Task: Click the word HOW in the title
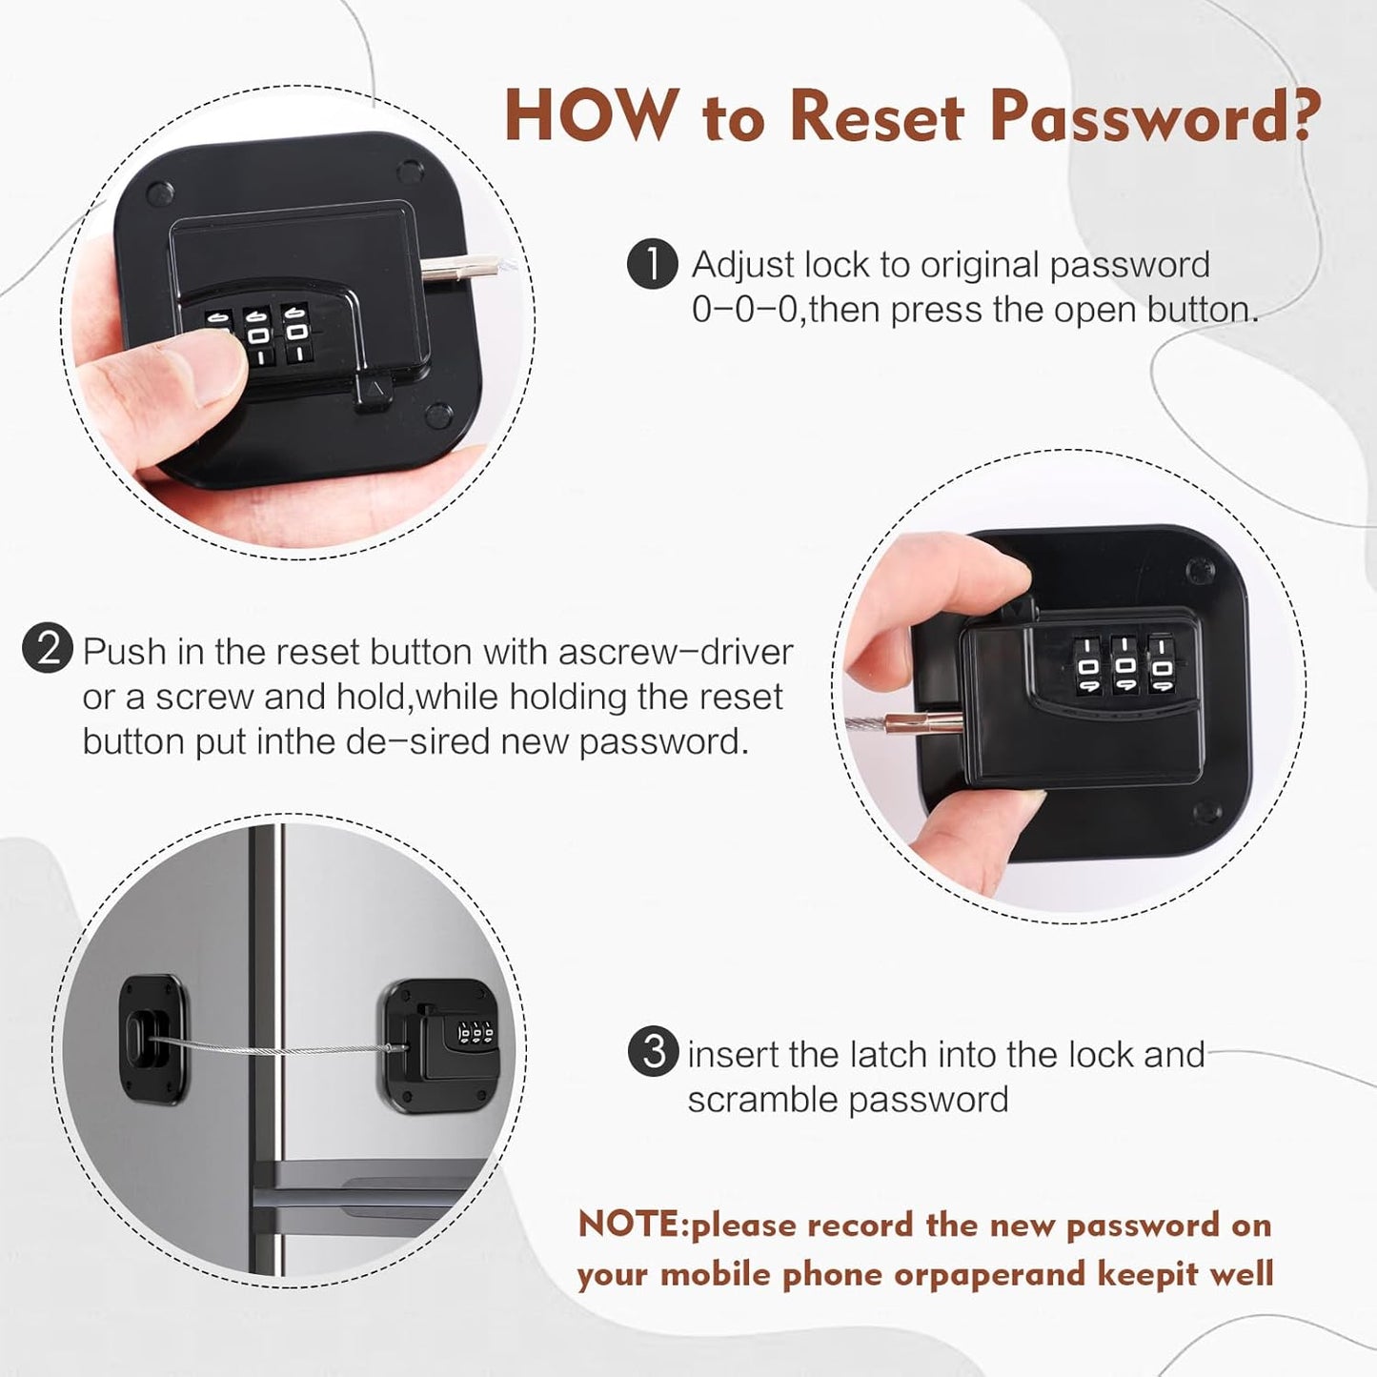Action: click(x=588, y=116)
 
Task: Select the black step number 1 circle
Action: click(x=652, y=264)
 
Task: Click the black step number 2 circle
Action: click(x=48, y=649)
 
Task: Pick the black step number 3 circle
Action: click(x=654, y=1052)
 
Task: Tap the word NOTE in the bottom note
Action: click(x=630, y=1224)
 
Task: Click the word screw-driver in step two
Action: click(x=676, y=652)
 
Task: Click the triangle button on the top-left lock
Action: click(x=374, y=390)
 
